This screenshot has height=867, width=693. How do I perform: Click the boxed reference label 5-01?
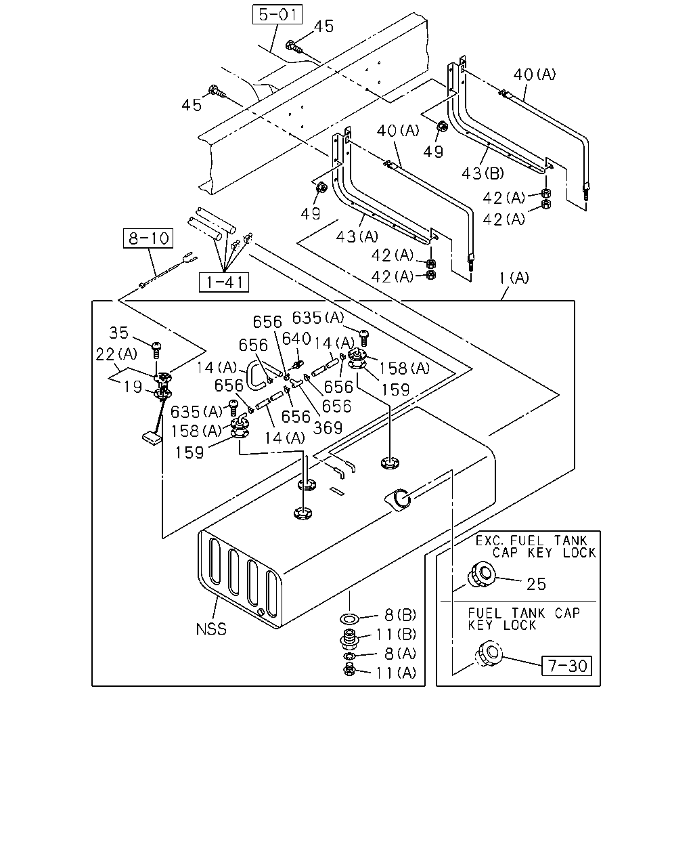tap(277, 15)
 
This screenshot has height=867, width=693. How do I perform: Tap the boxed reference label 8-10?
tap(148, 238)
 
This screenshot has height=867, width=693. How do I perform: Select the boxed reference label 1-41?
tap(224, 282)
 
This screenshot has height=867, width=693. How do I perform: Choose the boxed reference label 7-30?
tap(566, 666)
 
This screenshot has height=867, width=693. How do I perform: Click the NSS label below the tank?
tap(211, 629)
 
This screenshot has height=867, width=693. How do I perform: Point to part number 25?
tap(537, 584)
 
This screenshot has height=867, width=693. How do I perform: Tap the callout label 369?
tap(328, 427)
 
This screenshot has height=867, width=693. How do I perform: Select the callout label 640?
tap(296, 339)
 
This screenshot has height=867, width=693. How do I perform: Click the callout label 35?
tap(119, 333)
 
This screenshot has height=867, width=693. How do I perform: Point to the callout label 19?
tap(133, 387)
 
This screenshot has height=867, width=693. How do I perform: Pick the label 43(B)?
tap(483, 173)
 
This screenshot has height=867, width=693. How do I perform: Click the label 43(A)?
tap(357, 236)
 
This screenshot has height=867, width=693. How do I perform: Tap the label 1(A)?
tap(514, 278)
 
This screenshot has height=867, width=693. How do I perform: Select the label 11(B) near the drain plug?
tap(396, 635)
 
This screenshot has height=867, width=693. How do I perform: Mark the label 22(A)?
tap(116, 354)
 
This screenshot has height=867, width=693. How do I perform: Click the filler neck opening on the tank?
tap(401, 499)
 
